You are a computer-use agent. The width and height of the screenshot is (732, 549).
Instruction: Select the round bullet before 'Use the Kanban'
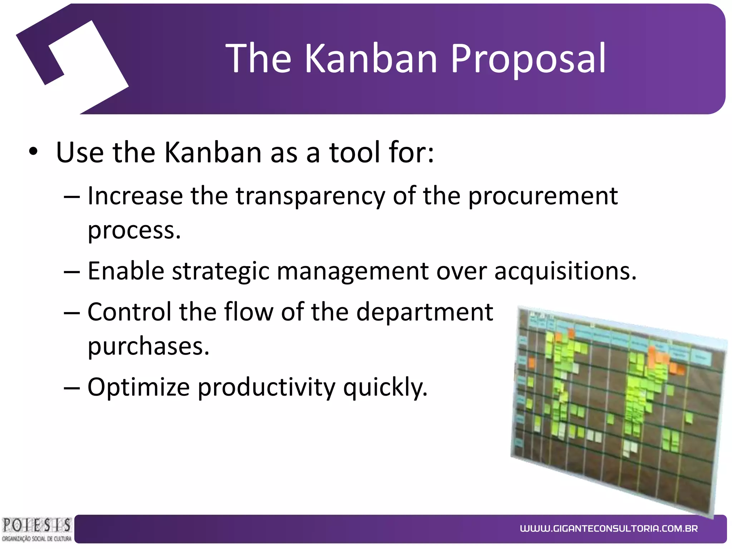coord(33,152)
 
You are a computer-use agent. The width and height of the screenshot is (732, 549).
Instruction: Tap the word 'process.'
coord(134,230)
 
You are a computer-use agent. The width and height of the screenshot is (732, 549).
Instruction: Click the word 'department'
coord(425,312)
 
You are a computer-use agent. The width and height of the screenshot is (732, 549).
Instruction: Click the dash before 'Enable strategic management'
coord(72,272)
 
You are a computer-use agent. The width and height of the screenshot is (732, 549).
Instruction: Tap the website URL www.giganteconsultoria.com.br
coord(609,528)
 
